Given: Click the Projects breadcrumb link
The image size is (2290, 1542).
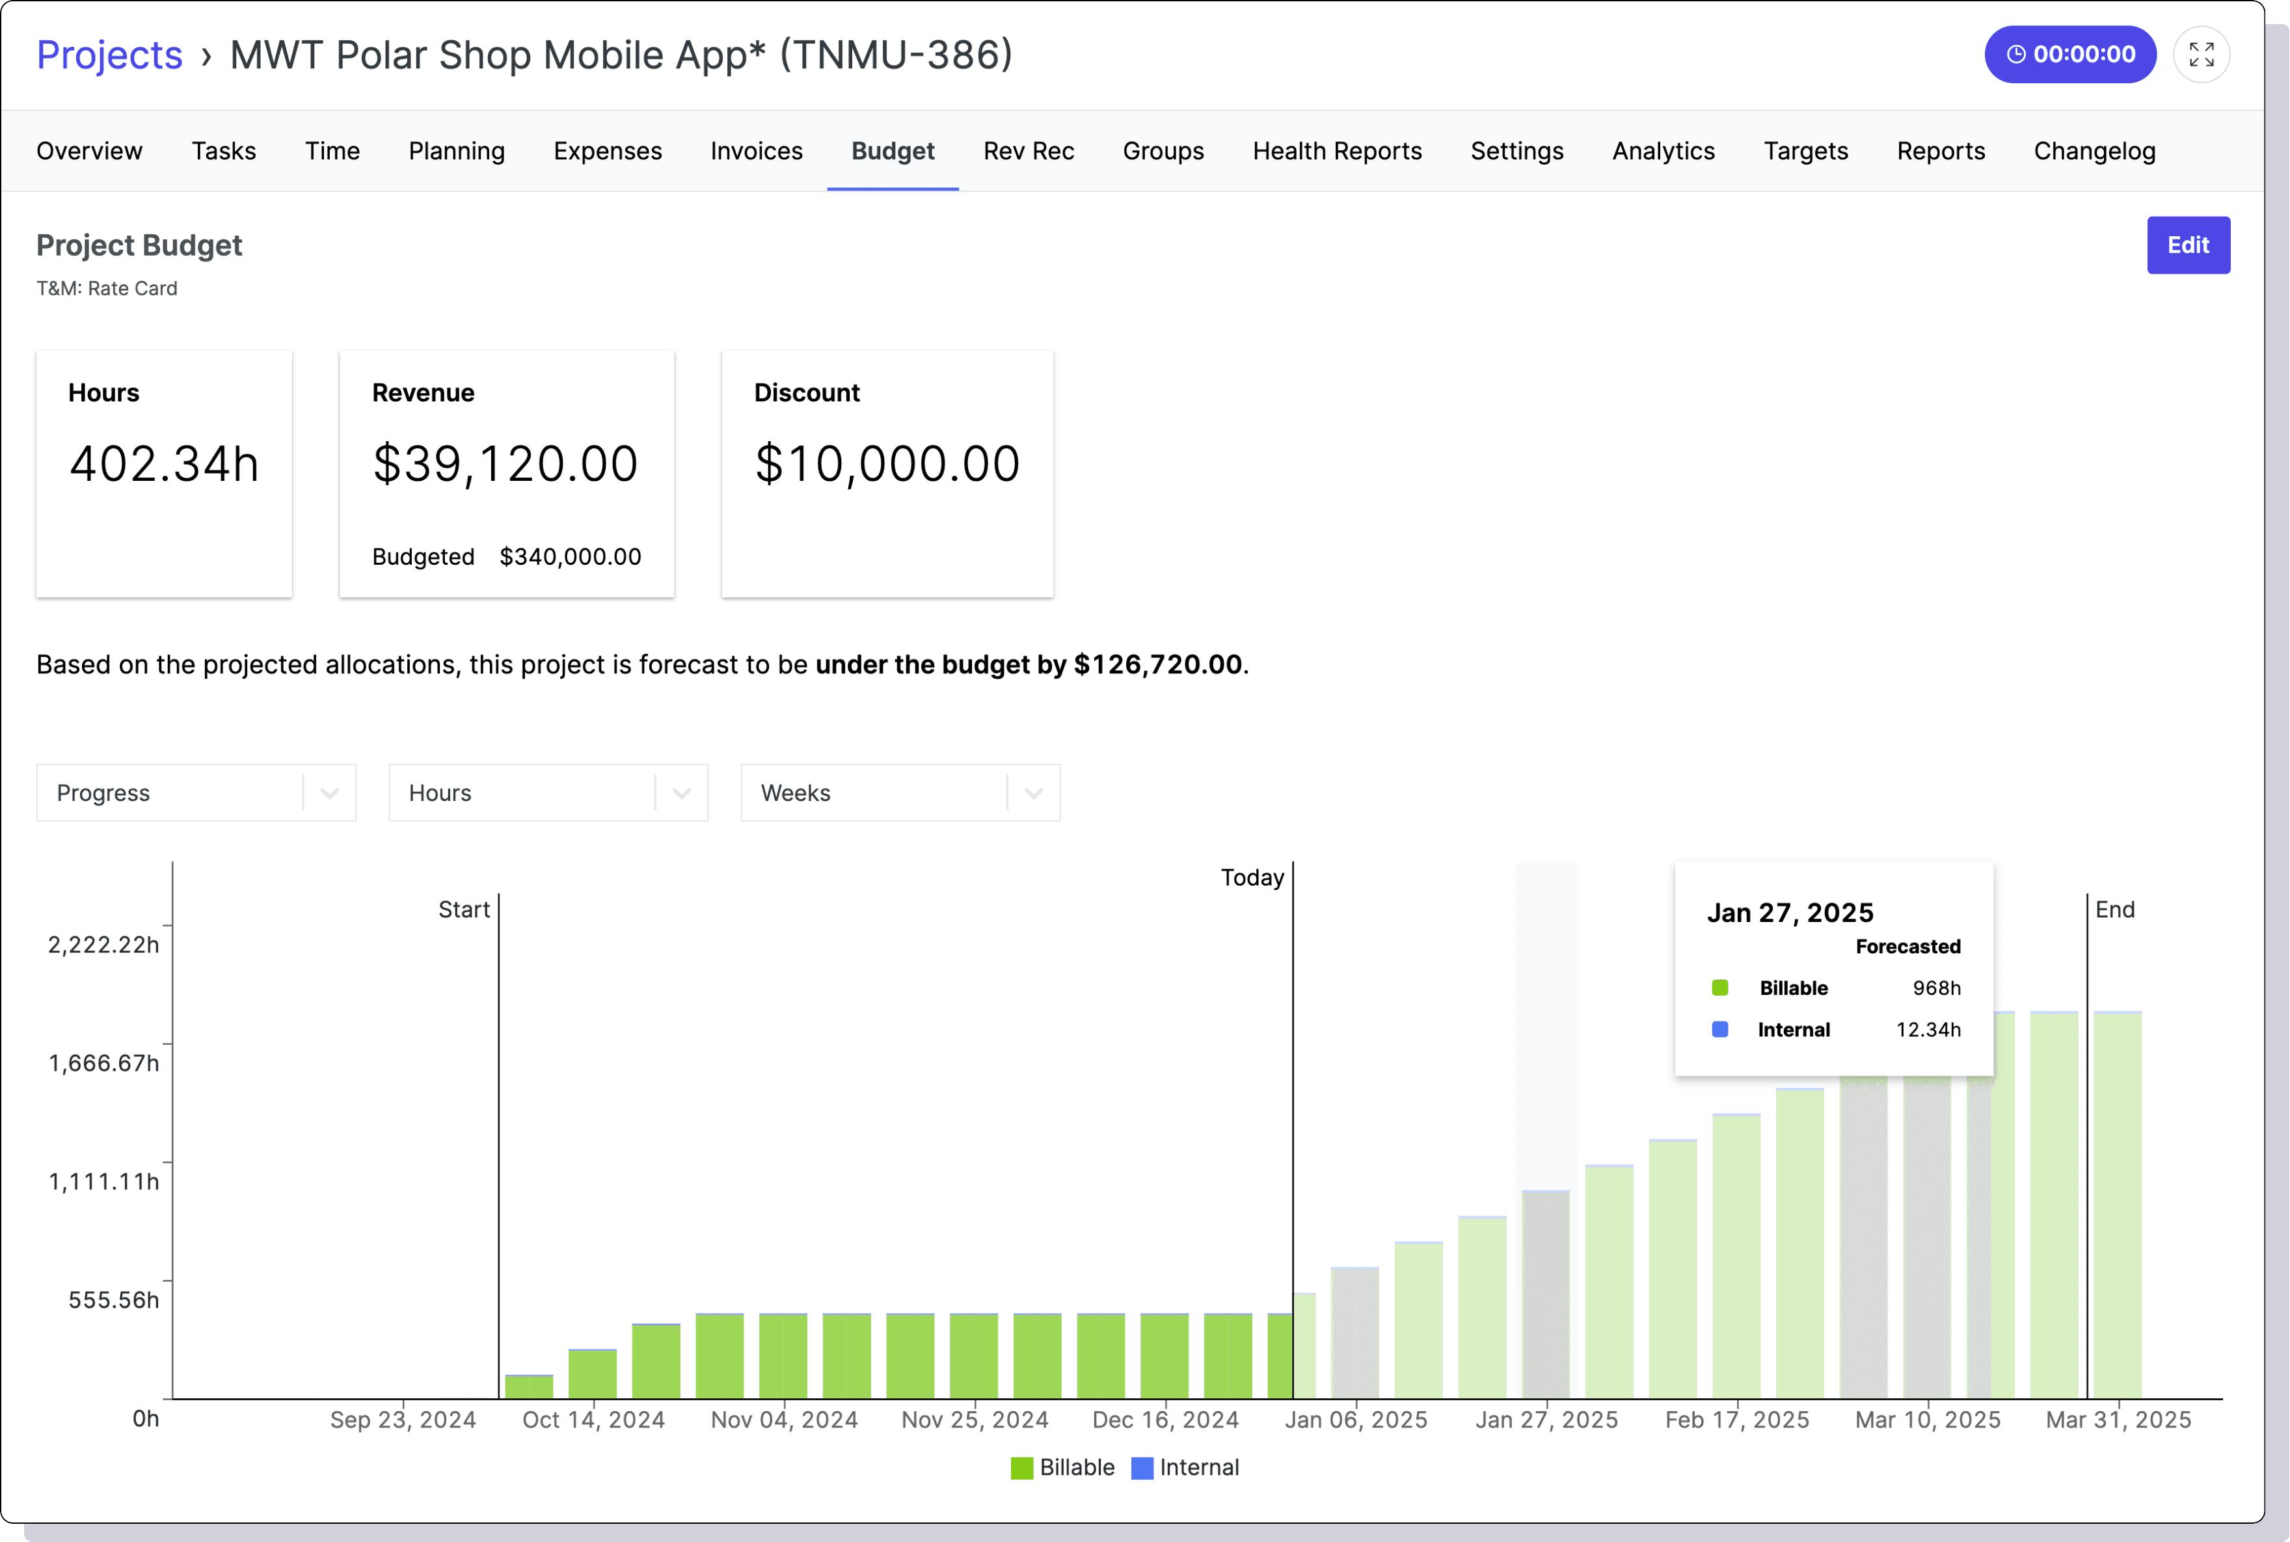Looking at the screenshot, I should (x=109, y=55).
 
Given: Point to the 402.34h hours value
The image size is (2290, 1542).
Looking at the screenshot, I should (x=164, y=463).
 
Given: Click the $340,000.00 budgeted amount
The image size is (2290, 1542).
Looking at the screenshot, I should (x=571, y=556).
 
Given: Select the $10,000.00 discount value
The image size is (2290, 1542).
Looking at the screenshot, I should (x=887, y=463).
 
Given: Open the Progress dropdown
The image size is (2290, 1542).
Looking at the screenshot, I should (x=196, y=792).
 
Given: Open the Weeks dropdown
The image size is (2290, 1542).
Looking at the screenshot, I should (x=900, y=792).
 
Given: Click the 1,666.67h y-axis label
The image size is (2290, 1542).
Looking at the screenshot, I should (x=103, y=1063).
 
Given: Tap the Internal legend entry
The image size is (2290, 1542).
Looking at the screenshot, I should (x=1186, y=1467).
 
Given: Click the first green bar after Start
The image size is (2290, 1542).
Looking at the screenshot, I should (x=529, y=1386).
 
